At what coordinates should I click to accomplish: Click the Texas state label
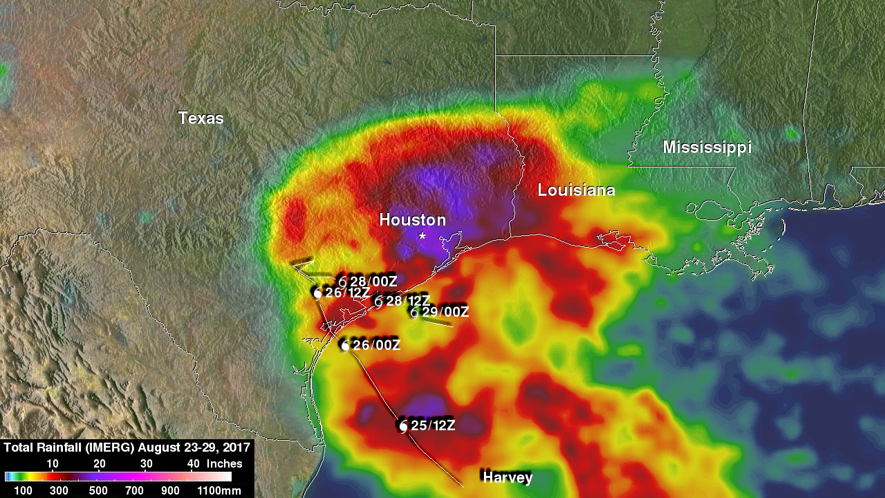[x=201, y=118]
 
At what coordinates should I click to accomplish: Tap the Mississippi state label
[x=707, y=147]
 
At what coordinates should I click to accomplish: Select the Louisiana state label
[x=576, y=190]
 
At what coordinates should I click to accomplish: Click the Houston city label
[x=412, y=220]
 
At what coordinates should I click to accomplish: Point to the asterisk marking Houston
[x=422, y=237]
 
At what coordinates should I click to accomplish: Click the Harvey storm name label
[x=507, y=477]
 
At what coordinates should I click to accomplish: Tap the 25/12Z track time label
[x=433, y=426]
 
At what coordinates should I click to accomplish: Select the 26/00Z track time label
[x=376, y=345]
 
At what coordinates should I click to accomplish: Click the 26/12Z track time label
[x=347, y=293]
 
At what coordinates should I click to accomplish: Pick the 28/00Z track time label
[x=373, y=282]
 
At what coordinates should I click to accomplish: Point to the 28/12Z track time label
[x=408, y=301]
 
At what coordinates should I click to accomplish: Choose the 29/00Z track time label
[x=445, y=312]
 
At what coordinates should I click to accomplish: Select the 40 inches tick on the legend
[x=194, y=463]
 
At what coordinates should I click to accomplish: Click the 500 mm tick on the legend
[x=99, y=490]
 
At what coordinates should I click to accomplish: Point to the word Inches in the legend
[x=225, y=463]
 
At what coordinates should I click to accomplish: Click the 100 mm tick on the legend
[x=14, y=490]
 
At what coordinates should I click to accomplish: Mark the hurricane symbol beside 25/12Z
[x=403, y=427]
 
